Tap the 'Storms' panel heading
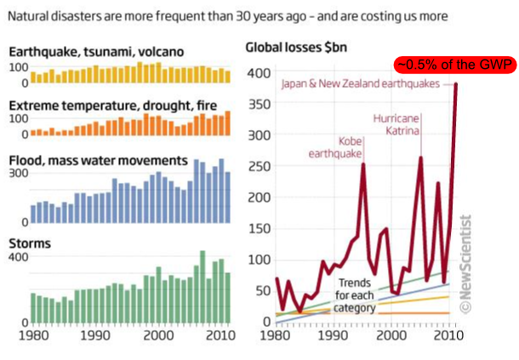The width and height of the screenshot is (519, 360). (x=29, y=243)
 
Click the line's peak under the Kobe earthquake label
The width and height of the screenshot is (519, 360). (x=363, y=164)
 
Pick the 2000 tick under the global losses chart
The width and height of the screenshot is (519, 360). (x=391, y=336)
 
